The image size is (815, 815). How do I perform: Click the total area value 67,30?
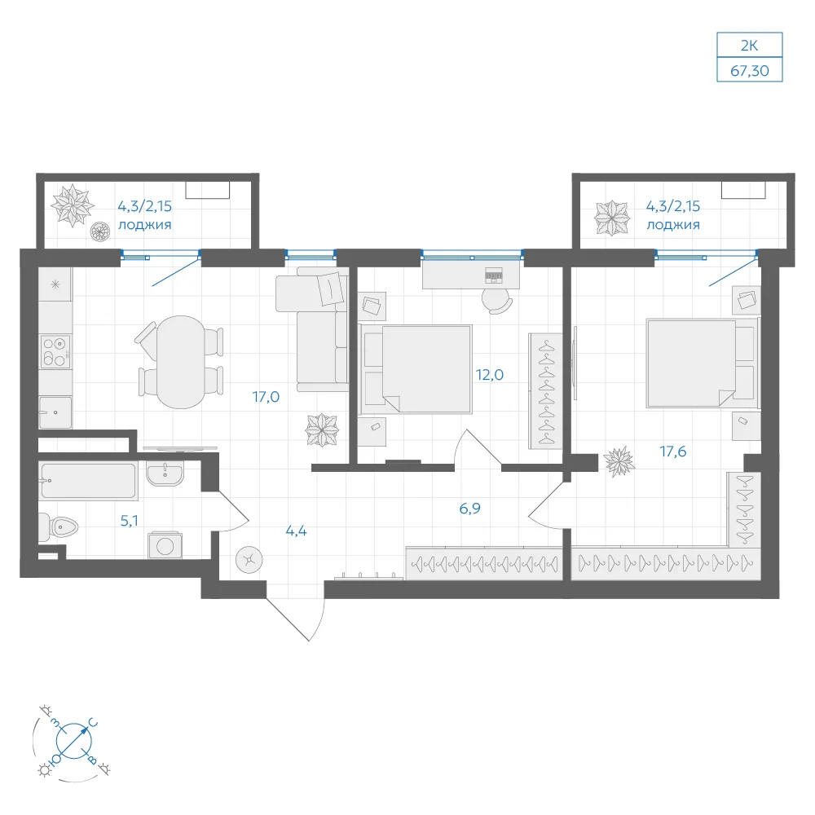(x=749, y=70)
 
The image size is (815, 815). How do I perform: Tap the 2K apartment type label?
(x=749, y=45)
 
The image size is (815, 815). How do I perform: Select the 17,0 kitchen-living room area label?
(x=266, y=397)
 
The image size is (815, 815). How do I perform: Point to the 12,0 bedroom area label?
(x=490, y=375)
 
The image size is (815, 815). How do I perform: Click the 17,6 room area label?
(x=673, y=452)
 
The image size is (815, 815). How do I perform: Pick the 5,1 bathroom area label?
(x=129, y=520)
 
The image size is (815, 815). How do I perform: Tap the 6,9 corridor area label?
(x=469, y=509)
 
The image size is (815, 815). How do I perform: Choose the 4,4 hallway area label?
(x=297, y=531)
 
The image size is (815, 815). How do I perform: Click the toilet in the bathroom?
(x=58, y=527)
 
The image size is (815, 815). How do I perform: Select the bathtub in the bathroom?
(x=88, y=481)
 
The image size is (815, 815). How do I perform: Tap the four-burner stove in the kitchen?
(x=55, y=352)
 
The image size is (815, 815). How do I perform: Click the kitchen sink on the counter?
(x=55, y=412)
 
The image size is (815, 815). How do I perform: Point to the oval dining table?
(x=180, y=362)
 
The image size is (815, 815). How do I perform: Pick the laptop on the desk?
(x=494, y=275)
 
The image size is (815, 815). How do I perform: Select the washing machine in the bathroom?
(x=165, y=545)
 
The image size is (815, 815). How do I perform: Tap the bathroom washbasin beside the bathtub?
(x=165, y=473)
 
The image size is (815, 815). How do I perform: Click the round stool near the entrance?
(x=249, y=560)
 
